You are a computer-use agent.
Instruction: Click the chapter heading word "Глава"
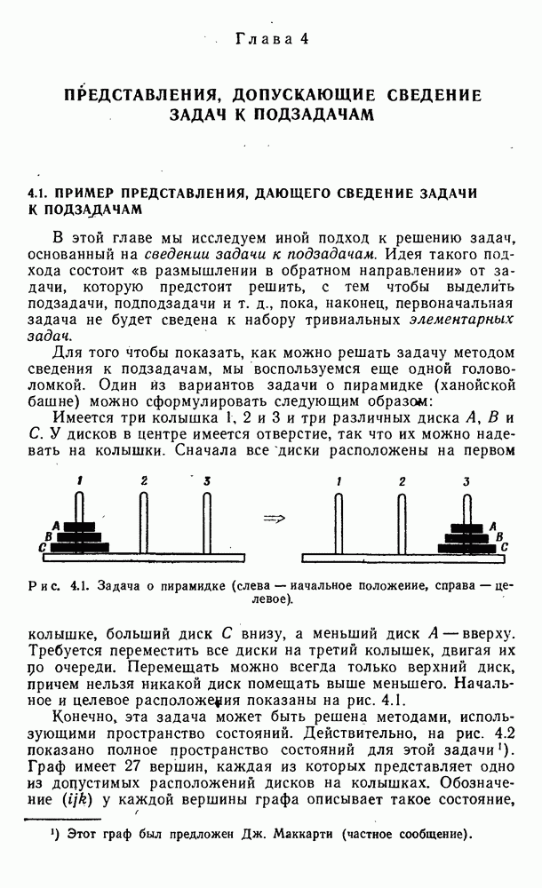tap(258, 39)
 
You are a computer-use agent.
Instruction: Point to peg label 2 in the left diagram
tap(143, 481)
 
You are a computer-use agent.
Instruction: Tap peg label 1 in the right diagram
tap(339, 482)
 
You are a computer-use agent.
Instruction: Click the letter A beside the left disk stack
tap(55, 526)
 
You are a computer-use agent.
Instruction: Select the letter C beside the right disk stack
tap(505, 547)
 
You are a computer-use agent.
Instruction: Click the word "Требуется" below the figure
tap(62, 652)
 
